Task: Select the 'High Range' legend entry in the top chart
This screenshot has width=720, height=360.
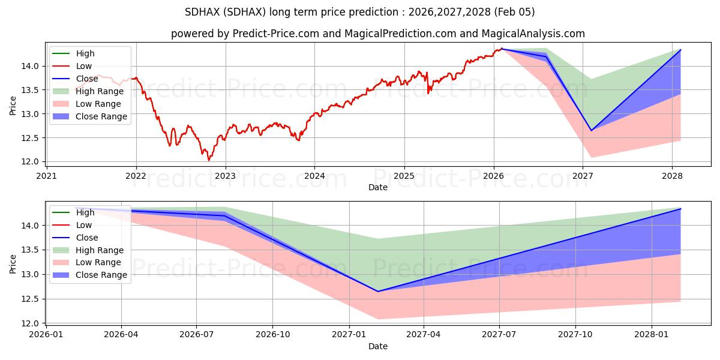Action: point(99,91)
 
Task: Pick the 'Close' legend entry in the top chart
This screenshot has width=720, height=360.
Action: point(86,79)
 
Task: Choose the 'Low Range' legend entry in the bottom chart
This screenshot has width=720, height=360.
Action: point(98,262)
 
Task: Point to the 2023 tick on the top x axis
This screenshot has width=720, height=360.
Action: point(225,175)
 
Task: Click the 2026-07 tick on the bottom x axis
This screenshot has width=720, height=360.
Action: point(197,334)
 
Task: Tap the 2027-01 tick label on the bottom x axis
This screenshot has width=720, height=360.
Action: point(349,334)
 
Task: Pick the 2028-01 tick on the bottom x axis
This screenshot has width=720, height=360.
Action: point(651,334)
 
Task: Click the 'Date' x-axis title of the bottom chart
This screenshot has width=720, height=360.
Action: point(377,346)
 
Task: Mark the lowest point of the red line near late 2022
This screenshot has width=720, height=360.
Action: point(209,160)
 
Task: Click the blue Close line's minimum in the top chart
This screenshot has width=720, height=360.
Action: point(591,130)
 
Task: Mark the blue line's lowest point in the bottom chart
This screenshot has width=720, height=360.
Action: point(378,292)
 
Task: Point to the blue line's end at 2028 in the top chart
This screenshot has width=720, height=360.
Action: point(680,50)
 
